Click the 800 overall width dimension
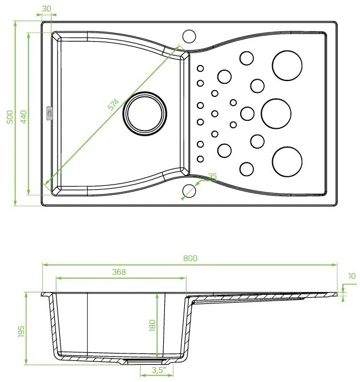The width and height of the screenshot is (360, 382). click(x=190, y=258)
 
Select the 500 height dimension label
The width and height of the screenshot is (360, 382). click(x=9, y=116)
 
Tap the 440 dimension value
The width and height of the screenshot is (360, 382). click(x=24, y=116)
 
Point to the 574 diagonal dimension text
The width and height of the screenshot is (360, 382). click(x=113, y=104)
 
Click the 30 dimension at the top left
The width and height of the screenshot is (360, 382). click(x=46, y=8)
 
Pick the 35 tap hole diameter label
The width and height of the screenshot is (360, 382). click(x=212, y=177)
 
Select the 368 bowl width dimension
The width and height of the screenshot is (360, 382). click(x=119, y=272)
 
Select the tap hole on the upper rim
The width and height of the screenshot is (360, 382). click(x=188, y=34)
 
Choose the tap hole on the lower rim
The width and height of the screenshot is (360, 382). click(x=188, y=190)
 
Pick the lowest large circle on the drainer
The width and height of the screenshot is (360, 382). click(x=287, y=161)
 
